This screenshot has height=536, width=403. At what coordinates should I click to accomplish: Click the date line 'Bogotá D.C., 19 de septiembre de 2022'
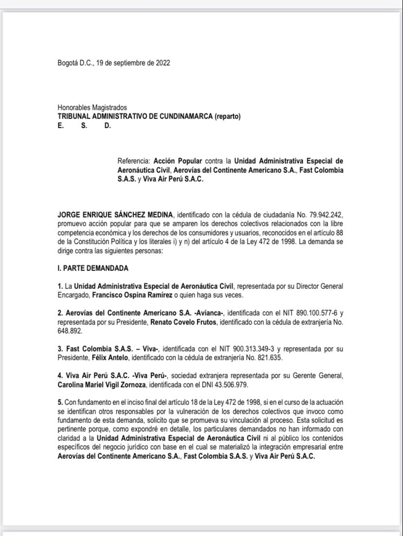click(x=113, y=63)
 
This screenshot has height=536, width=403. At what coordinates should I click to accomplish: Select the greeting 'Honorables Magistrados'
click(x=92, y=107)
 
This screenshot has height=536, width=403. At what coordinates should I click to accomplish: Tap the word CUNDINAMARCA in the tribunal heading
click(x=185, y=117)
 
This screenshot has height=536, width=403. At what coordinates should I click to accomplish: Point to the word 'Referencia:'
click(x=134, y=161)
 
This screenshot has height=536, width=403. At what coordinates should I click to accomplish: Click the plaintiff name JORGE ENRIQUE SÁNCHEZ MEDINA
click(x=115, y=214)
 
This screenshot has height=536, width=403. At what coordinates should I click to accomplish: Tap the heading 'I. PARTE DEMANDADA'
click(x=93, y=268)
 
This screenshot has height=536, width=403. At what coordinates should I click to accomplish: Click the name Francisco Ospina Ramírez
click(x=126, y=295)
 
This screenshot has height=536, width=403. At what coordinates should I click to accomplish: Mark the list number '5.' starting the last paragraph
click(x=60, y=403)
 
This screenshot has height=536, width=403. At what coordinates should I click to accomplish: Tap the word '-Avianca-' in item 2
click(x=209, y=313)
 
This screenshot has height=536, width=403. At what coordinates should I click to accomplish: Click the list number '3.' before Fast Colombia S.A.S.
click(x=60, y=349)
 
